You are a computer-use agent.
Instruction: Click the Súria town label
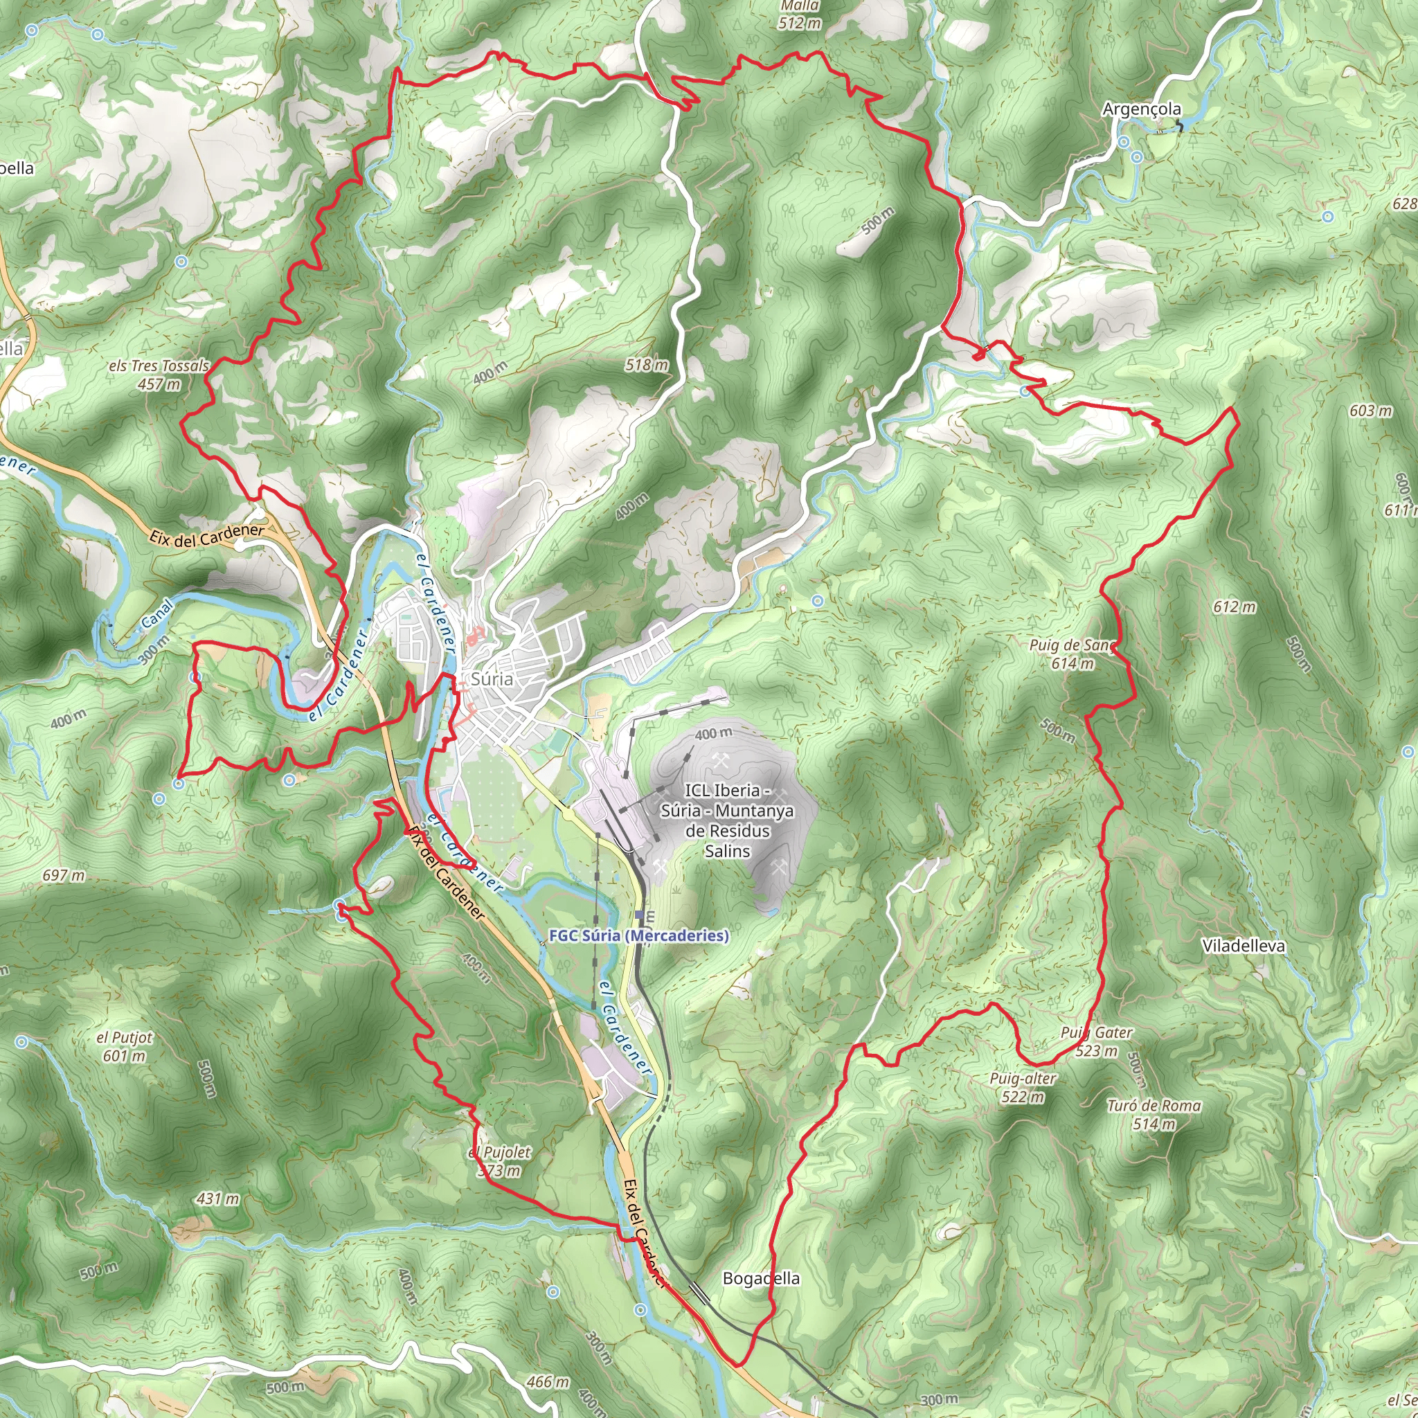[491, 679]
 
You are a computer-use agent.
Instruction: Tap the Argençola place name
[1141, 109]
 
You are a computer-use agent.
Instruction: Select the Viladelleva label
[1244, 946]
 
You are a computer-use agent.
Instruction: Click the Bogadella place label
[761, 1279]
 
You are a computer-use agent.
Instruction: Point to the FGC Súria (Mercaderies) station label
[638, 936]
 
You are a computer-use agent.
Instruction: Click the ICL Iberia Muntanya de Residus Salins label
[726, 820]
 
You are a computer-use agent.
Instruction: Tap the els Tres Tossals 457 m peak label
[159, 375]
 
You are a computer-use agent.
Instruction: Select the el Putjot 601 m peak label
[125, 1047]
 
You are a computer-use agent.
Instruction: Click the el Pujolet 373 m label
[500, 1162]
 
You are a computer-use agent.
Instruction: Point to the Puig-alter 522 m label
[1023, 1088]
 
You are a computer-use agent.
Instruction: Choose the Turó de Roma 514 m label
[1154, 1115]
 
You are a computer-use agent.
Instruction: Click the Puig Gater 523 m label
[1096, 1041]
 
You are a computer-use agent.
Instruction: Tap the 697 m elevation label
[64, 876]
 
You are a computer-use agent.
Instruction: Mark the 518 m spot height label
[647, 365]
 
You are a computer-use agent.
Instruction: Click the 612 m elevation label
[1234, 607]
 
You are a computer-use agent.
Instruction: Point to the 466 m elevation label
[548, 1382]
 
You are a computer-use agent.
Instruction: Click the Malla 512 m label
[799, 15]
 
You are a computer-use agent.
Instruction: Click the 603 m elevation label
[1370, 411]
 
